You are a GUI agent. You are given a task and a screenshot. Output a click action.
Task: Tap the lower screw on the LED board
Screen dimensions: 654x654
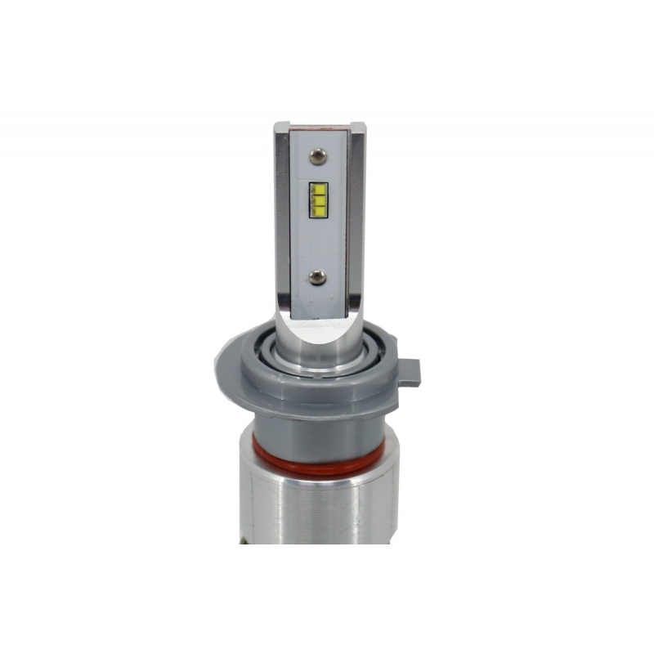pyautogui.click(x=319, y=276)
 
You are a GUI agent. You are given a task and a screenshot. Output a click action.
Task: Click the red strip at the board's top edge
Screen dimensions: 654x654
pyautogui.click(x=319, y=128)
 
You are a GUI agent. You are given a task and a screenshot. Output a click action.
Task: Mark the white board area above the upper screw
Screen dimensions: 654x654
pyautogui.click(x=318, y=139)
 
